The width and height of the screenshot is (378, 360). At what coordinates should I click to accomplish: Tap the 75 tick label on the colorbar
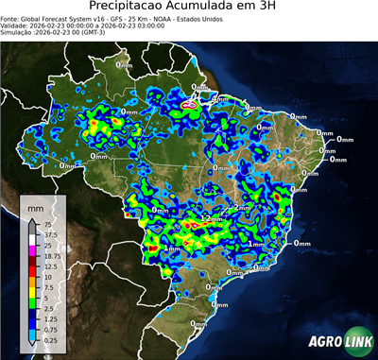[x=48, y=224]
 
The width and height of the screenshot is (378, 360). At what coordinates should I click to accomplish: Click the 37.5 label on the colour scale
[x=51, y=234]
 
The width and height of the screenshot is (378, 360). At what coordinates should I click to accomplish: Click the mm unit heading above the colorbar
[x=35, y=206]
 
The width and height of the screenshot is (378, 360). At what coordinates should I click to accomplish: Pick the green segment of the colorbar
[x=32, y=299]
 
